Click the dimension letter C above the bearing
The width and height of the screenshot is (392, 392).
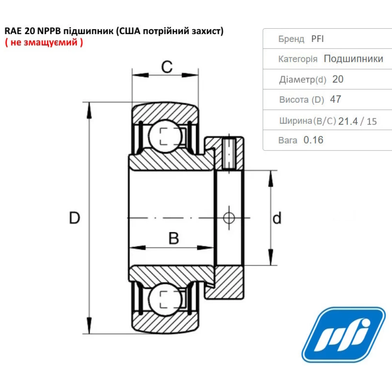(x=167, y=67)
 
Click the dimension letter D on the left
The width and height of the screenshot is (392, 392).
(x=74, y=218)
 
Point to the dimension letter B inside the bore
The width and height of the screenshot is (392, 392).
(x=174, y=238)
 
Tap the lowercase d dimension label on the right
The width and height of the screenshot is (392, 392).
(x=277, y=218)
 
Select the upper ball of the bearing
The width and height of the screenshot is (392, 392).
(x=165, y=136)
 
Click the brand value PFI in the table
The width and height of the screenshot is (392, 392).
(x=318, y=39)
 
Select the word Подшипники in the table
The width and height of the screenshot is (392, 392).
(x=354, y=59)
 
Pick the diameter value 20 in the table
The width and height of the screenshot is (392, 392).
(x=338, y=79)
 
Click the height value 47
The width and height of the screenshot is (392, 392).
(x=336, y=99)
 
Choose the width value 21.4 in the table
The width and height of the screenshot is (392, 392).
(x=348, y=121)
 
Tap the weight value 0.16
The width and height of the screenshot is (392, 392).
(x=314, y=140)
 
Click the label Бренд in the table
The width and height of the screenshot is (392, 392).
(x=291, y=39)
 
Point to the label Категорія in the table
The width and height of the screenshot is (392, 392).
(x=298, y=59)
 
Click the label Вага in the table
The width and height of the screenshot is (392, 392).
(x=288, y=140)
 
